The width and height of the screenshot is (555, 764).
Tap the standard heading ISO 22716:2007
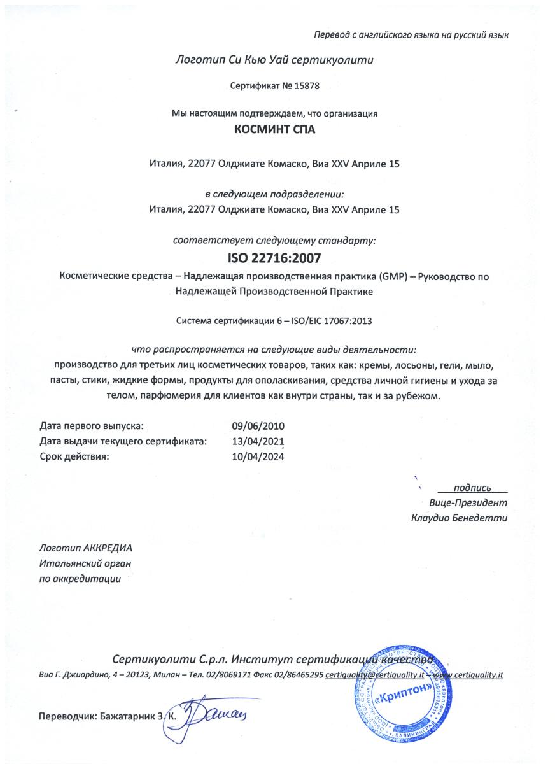coord(274,259)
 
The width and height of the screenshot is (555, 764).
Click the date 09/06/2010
coord(259,426)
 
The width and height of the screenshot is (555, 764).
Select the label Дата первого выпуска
coord(92,426)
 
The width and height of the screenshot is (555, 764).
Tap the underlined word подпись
coord(472,488)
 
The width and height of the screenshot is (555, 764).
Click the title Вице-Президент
coord(468,503)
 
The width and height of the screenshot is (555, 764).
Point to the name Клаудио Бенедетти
coord(460,518)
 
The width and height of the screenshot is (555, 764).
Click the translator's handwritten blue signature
coord(210,718)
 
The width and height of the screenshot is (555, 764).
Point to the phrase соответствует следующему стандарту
coord(274,241)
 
